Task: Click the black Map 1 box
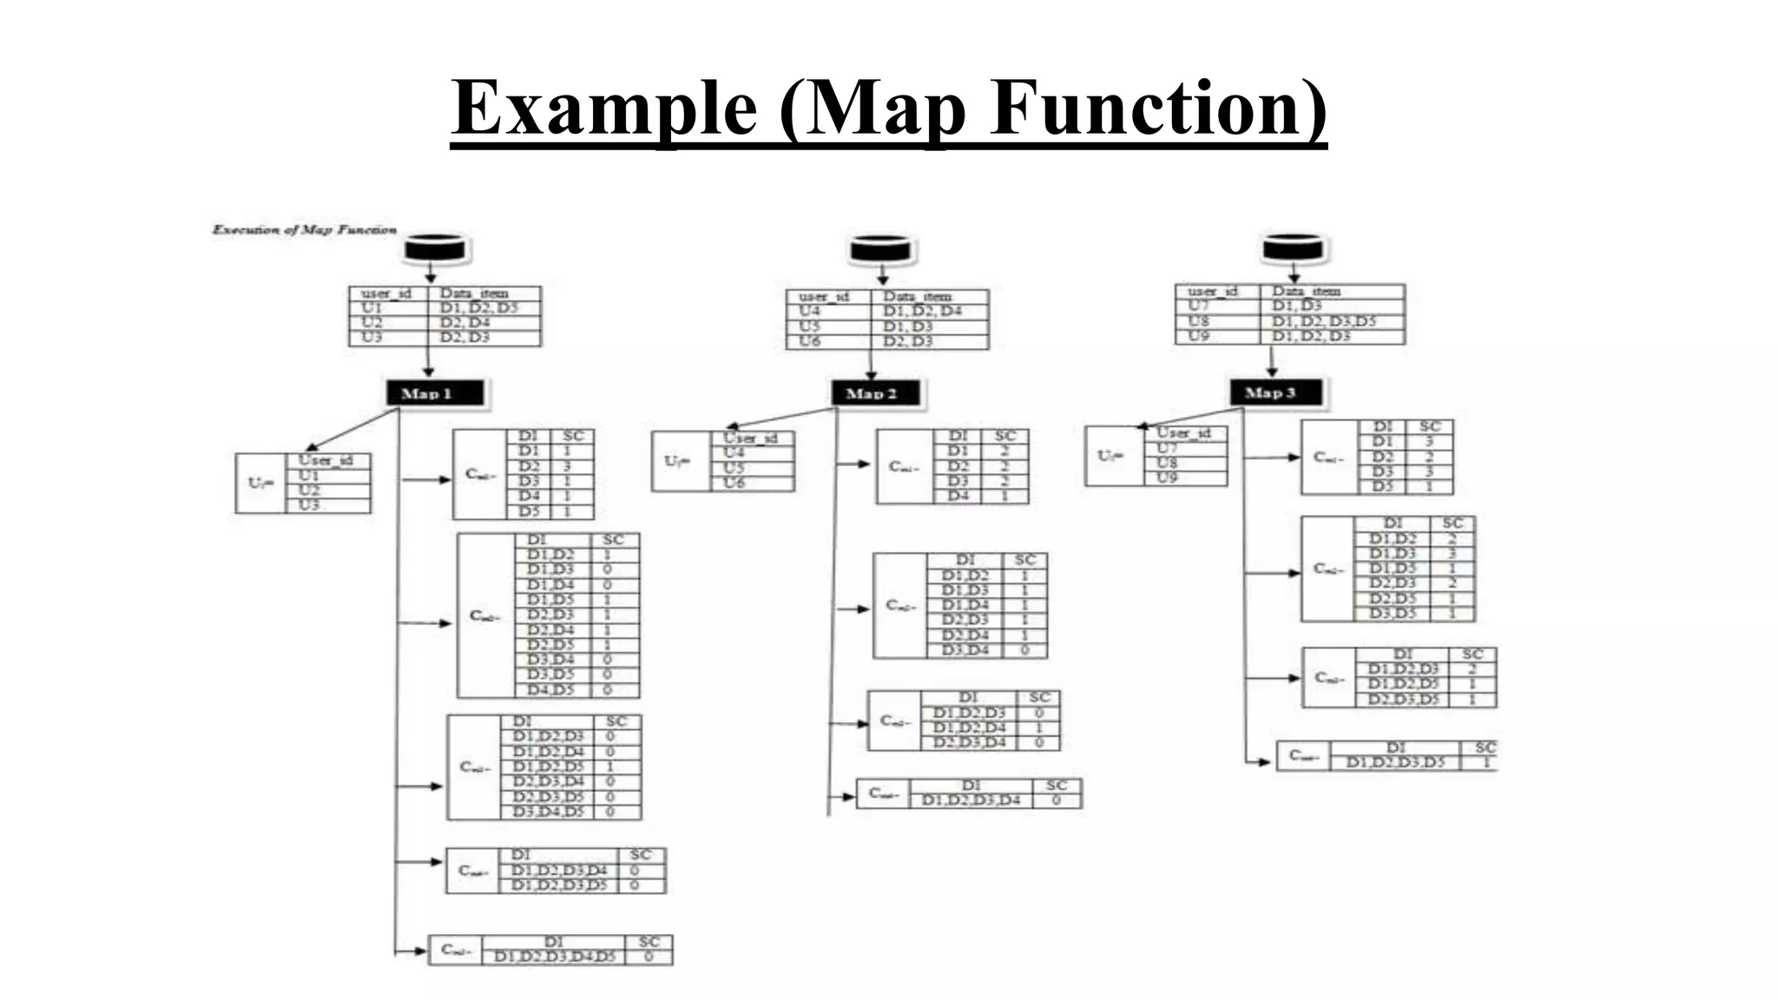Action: click(434, 393)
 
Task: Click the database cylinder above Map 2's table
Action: click(880, 249)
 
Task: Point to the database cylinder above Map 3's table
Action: click(1293, 247)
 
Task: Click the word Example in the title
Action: click(604, 108)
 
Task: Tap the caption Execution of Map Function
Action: click(305, 230)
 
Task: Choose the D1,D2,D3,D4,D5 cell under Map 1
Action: click(555, 957)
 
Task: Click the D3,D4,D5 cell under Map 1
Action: click(548, 812)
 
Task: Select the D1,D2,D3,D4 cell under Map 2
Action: click(971, 800)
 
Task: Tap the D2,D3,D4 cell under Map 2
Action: click(969, 743)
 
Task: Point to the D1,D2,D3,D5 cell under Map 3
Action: click(1395, 762)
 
